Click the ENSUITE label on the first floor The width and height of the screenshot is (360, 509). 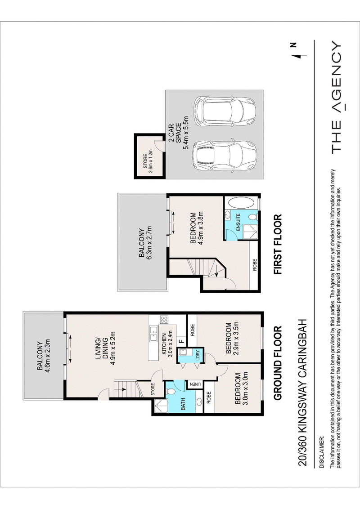pos(238,222)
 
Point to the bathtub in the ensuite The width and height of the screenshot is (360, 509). pos(242,203)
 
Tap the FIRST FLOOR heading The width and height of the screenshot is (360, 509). pos(278,245)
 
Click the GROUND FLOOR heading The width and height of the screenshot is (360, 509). pos(278,363)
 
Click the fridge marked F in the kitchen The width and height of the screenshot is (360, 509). pos(182,341)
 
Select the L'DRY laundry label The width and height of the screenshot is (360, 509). pos(198,355)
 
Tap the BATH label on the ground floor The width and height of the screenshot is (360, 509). pos(183,404)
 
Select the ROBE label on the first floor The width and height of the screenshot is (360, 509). pos(254,265)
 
